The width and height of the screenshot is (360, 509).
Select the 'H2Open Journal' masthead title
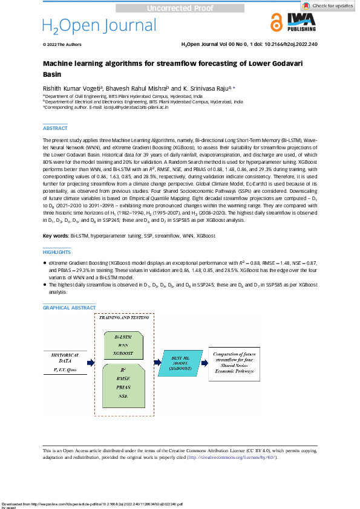coord(99,25)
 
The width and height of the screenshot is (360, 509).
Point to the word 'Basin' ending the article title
coord(53,74)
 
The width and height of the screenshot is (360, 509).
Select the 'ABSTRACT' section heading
coord(55,128)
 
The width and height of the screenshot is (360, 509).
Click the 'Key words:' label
coord(56,235)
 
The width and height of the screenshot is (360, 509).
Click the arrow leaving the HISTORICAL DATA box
coord(90,363)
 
